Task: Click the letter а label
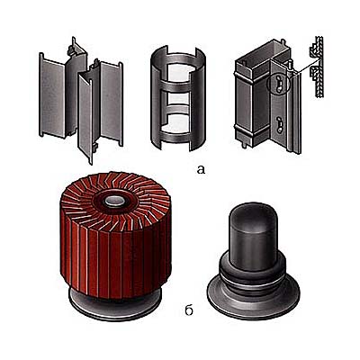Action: (201, 169)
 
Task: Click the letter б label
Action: (189, 310)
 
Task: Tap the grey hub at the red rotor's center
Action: (115, 202)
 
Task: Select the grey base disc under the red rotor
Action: (115, 303)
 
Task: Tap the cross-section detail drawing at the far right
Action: (318, 67)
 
